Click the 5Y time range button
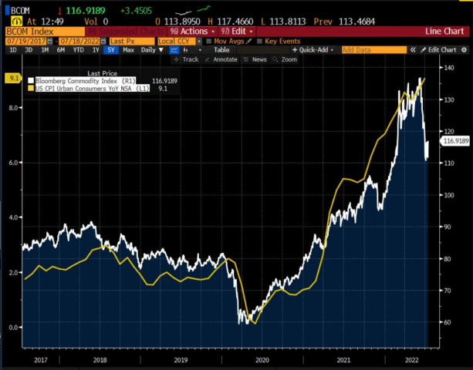click(113, 49)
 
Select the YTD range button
click(79, 49)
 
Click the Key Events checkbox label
click(281, 40)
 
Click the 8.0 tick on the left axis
click(13, 108)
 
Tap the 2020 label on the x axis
click(262, 359)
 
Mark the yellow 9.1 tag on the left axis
click(13, 78)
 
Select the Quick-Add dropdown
click(314, 49)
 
